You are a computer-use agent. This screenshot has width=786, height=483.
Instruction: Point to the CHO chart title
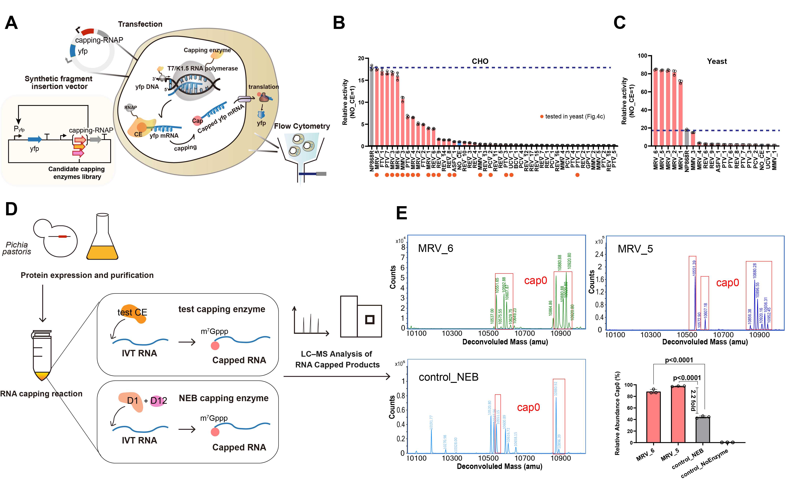point(480,61)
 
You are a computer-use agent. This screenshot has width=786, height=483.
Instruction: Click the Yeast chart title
point(717,61)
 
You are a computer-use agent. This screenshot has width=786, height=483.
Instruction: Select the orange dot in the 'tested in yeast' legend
point(542,117)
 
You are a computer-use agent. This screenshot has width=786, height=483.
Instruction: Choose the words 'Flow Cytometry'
point(302,126)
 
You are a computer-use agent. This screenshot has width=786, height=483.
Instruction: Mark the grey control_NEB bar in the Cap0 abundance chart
point(703,430)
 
